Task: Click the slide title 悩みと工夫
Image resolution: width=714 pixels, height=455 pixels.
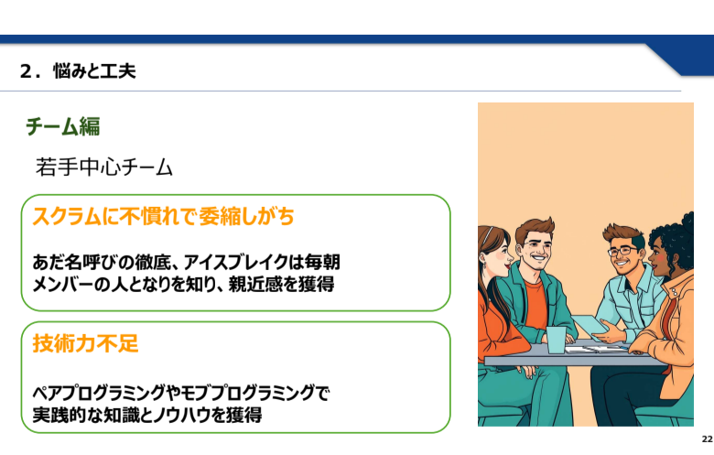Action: pyautogui.click(x=94, y=71)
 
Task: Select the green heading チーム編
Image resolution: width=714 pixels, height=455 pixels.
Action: pyautogui.click(x=63, y=126)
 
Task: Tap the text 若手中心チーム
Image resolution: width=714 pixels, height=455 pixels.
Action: pyautogui.click(x=104, y=167)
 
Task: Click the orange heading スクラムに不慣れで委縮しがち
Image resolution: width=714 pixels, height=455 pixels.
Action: pyautogui.click(x=163, y=216)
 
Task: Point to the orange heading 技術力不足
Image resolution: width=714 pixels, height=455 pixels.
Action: pyautogui.click(x=85, y=343)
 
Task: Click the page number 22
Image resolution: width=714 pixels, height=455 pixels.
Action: pyautogui.click(x=707, y=439)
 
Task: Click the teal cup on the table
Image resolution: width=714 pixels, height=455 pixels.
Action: pyautogui.click(x=556, y=340)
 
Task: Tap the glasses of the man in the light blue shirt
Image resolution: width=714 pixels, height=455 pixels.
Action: pyautogui.click(x=622, y=251)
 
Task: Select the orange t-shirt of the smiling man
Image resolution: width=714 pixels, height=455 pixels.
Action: pyautogui.click(x=535, y=303)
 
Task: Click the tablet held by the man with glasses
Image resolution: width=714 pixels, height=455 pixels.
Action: pyautogui.click(x=589, y=326)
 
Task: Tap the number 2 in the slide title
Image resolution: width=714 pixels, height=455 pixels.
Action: pyautogui.click(x=26, y=71)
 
